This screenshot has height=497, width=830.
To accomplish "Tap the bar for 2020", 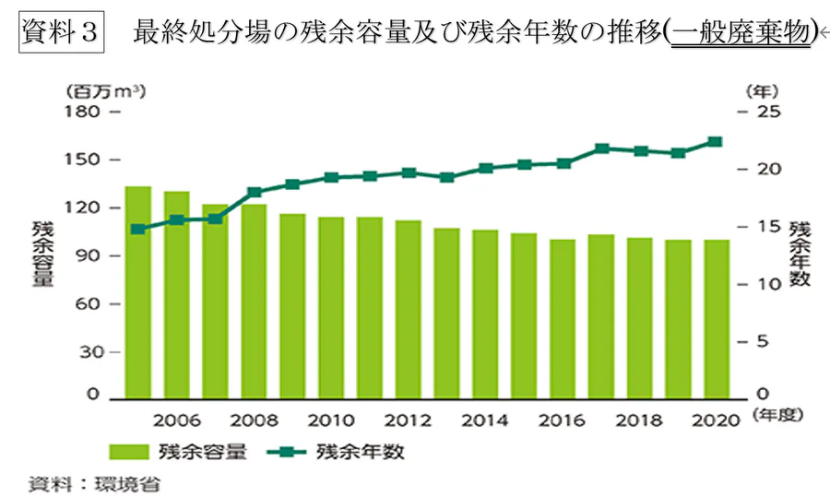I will pyautogui.click(x=716, y=317).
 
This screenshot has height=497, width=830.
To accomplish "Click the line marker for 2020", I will pyautogui.click(x=716, y=142).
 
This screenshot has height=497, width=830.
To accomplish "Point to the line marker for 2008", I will pyautogui.click(x=255, y=192).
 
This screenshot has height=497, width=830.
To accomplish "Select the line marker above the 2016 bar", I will pyautogui.click(x=563, y=163).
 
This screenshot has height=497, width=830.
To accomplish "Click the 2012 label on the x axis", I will pyautogui.click(x=409, y=420).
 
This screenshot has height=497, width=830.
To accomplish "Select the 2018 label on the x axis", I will pyautogui.click(x=639, y=420).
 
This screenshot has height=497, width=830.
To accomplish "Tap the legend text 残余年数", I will pyautogui.click(x=360, y=452).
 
